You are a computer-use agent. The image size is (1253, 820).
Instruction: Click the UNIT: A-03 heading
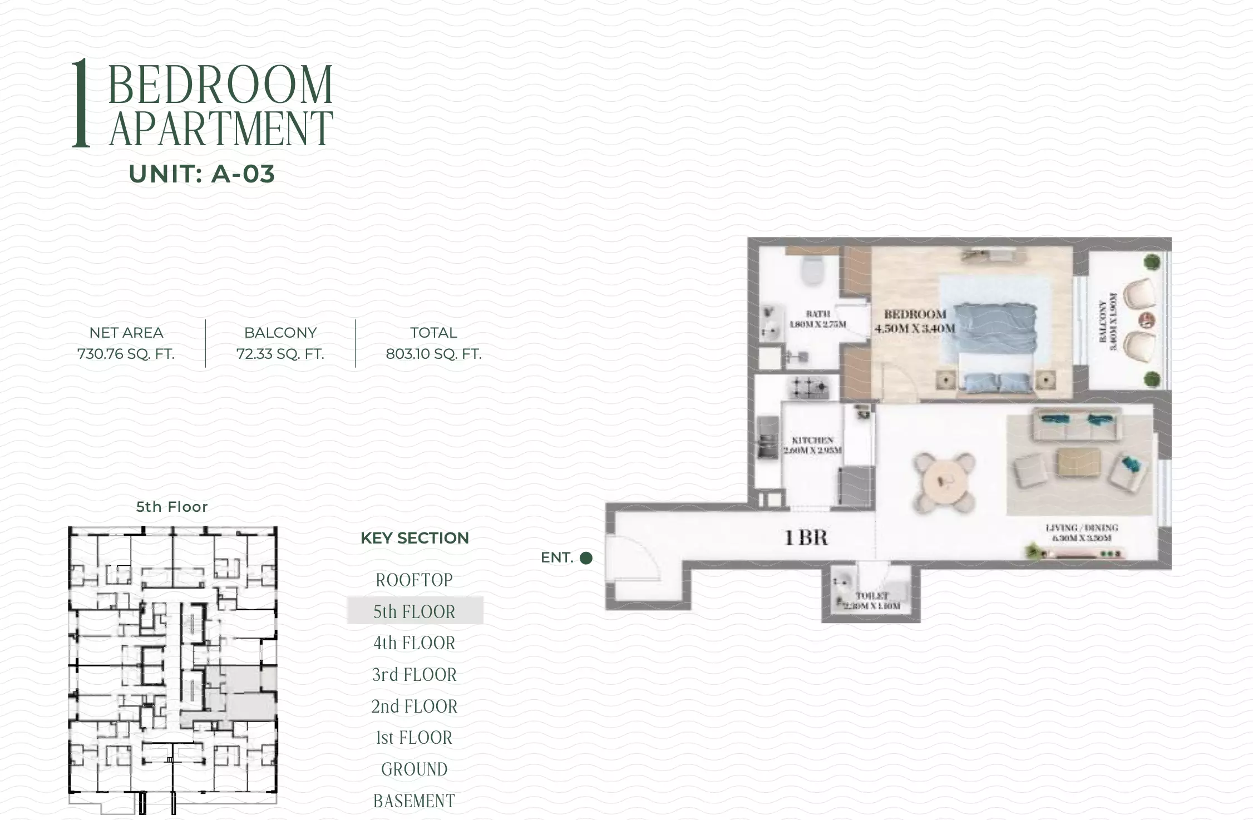pos(201,174)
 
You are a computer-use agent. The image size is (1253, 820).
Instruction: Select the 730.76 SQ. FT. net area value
pos(126,354)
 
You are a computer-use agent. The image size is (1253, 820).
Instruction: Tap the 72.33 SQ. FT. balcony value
pos(280,354)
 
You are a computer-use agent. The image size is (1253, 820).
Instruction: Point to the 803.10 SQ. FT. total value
pos(433,354)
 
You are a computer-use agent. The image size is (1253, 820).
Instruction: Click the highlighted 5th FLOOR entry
pos(415,611)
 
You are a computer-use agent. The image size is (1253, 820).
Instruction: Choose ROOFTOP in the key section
pos(415,580)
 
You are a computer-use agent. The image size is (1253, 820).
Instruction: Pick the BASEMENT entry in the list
pos(415,801)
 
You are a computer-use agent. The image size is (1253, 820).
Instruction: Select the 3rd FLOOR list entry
pos(415,675)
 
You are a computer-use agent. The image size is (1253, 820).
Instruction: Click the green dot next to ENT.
pos(586,558)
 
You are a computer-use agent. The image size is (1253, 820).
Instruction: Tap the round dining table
pos(944,482)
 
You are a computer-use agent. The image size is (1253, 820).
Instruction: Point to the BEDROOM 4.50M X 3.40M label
pos(914,322)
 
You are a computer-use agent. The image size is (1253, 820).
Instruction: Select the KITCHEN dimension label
pos(812,445)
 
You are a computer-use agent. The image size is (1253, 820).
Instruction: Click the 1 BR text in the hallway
pos(806,537)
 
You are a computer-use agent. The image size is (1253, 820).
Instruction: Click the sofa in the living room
pos(1076,424)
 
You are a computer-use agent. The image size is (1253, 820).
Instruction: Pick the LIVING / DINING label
pos(1082,532)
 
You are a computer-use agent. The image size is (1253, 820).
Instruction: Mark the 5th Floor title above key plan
pos(172,507)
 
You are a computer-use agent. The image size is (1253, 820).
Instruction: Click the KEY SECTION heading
pos(415,538)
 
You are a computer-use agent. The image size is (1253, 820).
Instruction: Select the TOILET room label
pos(872,601)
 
